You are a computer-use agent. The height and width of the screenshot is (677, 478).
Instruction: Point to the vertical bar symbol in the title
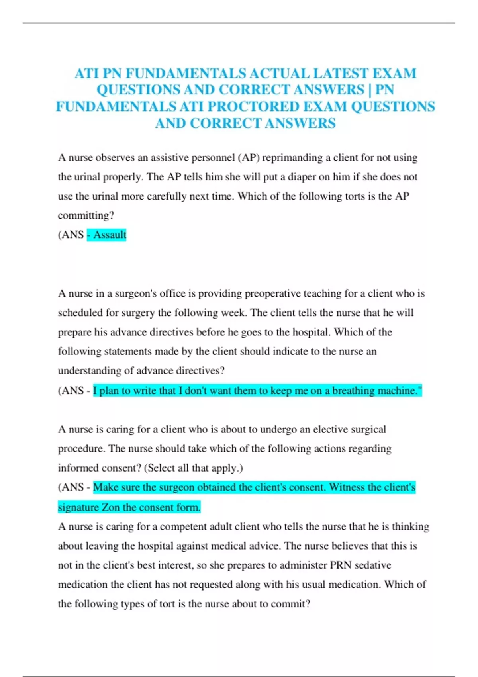coord(370,90)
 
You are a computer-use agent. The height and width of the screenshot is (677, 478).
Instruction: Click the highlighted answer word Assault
coord(110,235)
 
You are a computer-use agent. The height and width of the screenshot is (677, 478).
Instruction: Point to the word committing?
coord(86,215)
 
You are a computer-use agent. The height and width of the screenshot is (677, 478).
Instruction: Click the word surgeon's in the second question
coord(135,293)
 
